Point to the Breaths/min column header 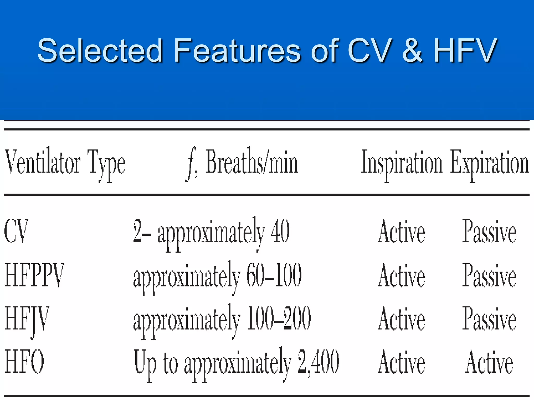point(252,163)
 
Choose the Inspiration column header point(402,163)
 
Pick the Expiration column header point(490,163)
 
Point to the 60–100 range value point(274,275)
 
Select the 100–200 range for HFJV point(279,318)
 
